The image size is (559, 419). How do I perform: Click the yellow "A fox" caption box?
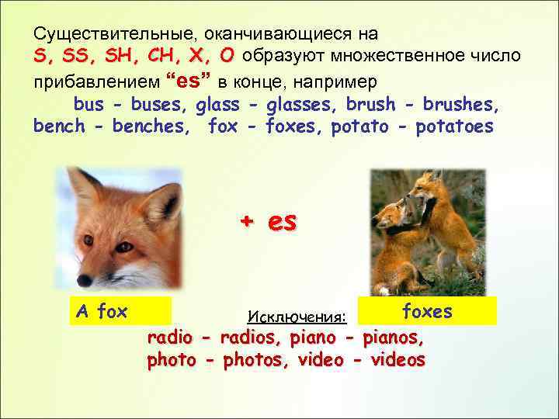coord(119,311)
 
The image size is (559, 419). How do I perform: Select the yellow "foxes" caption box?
coord(426,310)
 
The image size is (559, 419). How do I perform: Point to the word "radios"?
coord(252,338)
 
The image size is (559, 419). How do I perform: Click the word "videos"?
coord(398,361)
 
